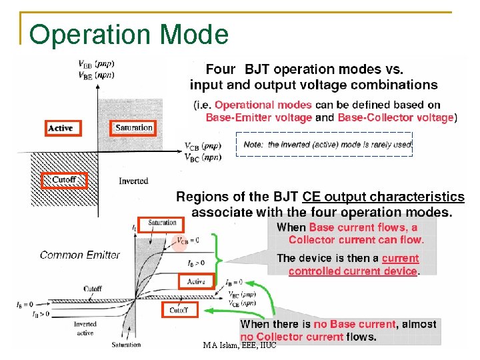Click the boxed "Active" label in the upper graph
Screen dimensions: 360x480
tap(60, 127)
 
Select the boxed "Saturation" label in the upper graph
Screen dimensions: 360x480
tap(134, 127)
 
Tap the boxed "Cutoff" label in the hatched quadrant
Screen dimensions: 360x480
tap(64, 180)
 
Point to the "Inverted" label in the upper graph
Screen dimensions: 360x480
tap(133, 181)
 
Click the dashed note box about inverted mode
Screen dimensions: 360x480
tap(325, 144)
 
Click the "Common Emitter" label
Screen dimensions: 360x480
tap(79, 254)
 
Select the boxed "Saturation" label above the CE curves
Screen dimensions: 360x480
tap(162, 223)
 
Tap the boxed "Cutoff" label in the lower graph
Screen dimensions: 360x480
tap(179, 310)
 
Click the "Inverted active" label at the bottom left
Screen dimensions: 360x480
tap(85, 328)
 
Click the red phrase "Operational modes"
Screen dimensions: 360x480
tap(263, 105)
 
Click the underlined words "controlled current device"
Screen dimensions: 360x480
tap(353, 271)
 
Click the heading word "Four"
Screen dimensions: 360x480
tap(220, 69)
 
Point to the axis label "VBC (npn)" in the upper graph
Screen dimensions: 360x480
tap(203, 157)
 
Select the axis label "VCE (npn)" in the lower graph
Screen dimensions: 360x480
tap(242, 303)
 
